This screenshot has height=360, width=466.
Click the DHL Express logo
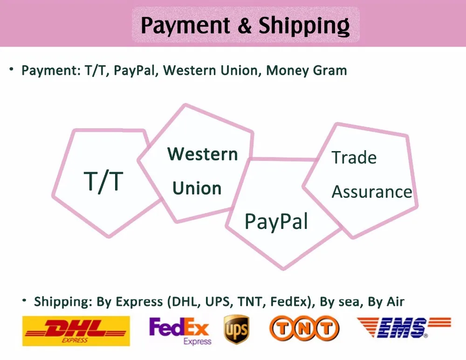coord(76,331)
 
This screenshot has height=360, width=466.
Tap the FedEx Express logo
coord(180,331)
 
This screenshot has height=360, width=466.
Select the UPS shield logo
coord(236,329)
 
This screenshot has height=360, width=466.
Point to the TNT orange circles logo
coord(304,328)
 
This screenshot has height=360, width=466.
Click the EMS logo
coord(404,327)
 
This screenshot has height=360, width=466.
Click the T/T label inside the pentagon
coord(103,181)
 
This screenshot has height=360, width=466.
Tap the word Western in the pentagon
coord(203,154)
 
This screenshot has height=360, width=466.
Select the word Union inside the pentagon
coord(197,188)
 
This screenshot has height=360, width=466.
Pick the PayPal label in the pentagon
coord(276,222)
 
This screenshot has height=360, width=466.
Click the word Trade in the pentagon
coord(354,157)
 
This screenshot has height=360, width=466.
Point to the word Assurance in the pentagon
coord(372,192)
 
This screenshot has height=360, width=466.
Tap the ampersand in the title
coord(245,26)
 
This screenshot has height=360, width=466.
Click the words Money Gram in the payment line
coord(307,70)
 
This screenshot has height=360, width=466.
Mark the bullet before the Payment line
coord(12,69)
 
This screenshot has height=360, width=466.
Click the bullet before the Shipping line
coord(24,300)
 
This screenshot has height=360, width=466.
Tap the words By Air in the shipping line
coord(386,302)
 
